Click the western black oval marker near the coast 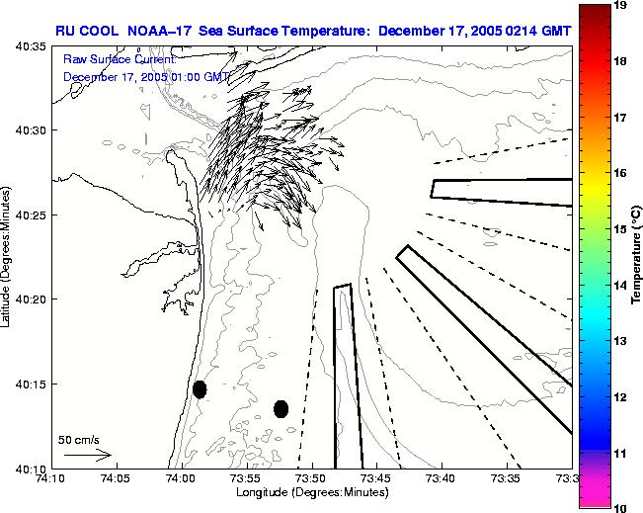200,388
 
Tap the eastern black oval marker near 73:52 281,408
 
